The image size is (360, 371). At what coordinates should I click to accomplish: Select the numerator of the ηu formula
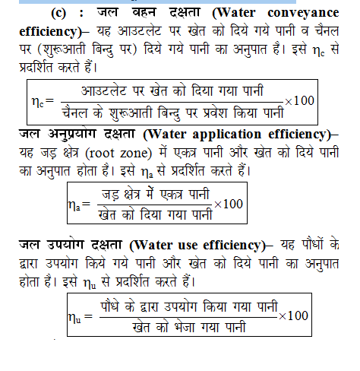[x=188, y=306]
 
